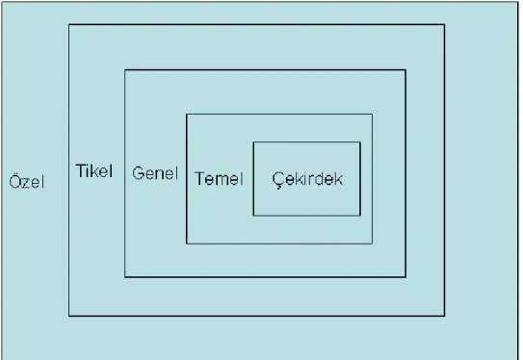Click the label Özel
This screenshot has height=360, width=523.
click(x=27, y=182)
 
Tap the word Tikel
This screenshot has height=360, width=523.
click(x=94, y=170)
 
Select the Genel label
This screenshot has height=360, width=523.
click(x=155, y=173)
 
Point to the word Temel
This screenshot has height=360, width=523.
click(x=219, y=178)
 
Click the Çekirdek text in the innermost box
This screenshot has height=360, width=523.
click(x=307, y=180)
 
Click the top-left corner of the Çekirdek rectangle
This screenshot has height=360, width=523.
click(x=253, y=142)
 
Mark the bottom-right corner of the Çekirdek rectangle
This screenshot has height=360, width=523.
click(x=360, y=216)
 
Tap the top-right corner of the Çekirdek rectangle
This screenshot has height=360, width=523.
click(x=360, y=142)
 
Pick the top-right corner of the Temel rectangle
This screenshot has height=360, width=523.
click(x=372, y=114)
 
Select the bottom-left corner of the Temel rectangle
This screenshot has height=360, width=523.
click(x=187, y=244)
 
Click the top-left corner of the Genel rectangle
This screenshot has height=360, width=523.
click(x=125, y=70)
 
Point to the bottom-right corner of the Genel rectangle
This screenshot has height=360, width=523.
click(x=405, y=276)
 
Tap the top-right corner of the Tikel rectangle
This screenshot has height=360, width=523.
click(x=444, y=25)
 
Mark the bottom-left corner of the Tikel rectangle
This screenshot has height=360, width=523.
click(x=69, y=316)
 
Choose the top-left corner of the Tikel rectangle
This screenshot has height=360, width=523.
click(x=69, y=25)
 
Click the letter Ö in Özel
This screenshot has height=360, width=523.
click(x=14, y=182)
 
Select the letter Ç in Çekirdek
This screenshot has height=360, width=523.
click(x=278, y=180)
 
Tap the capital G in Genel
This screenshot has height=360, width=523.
click(x=139, y=173)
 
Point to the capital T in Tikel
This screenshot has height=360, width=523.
click(x=82, y=170)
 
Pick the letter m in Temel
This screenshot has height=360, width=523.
click(x=222, y=180)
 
